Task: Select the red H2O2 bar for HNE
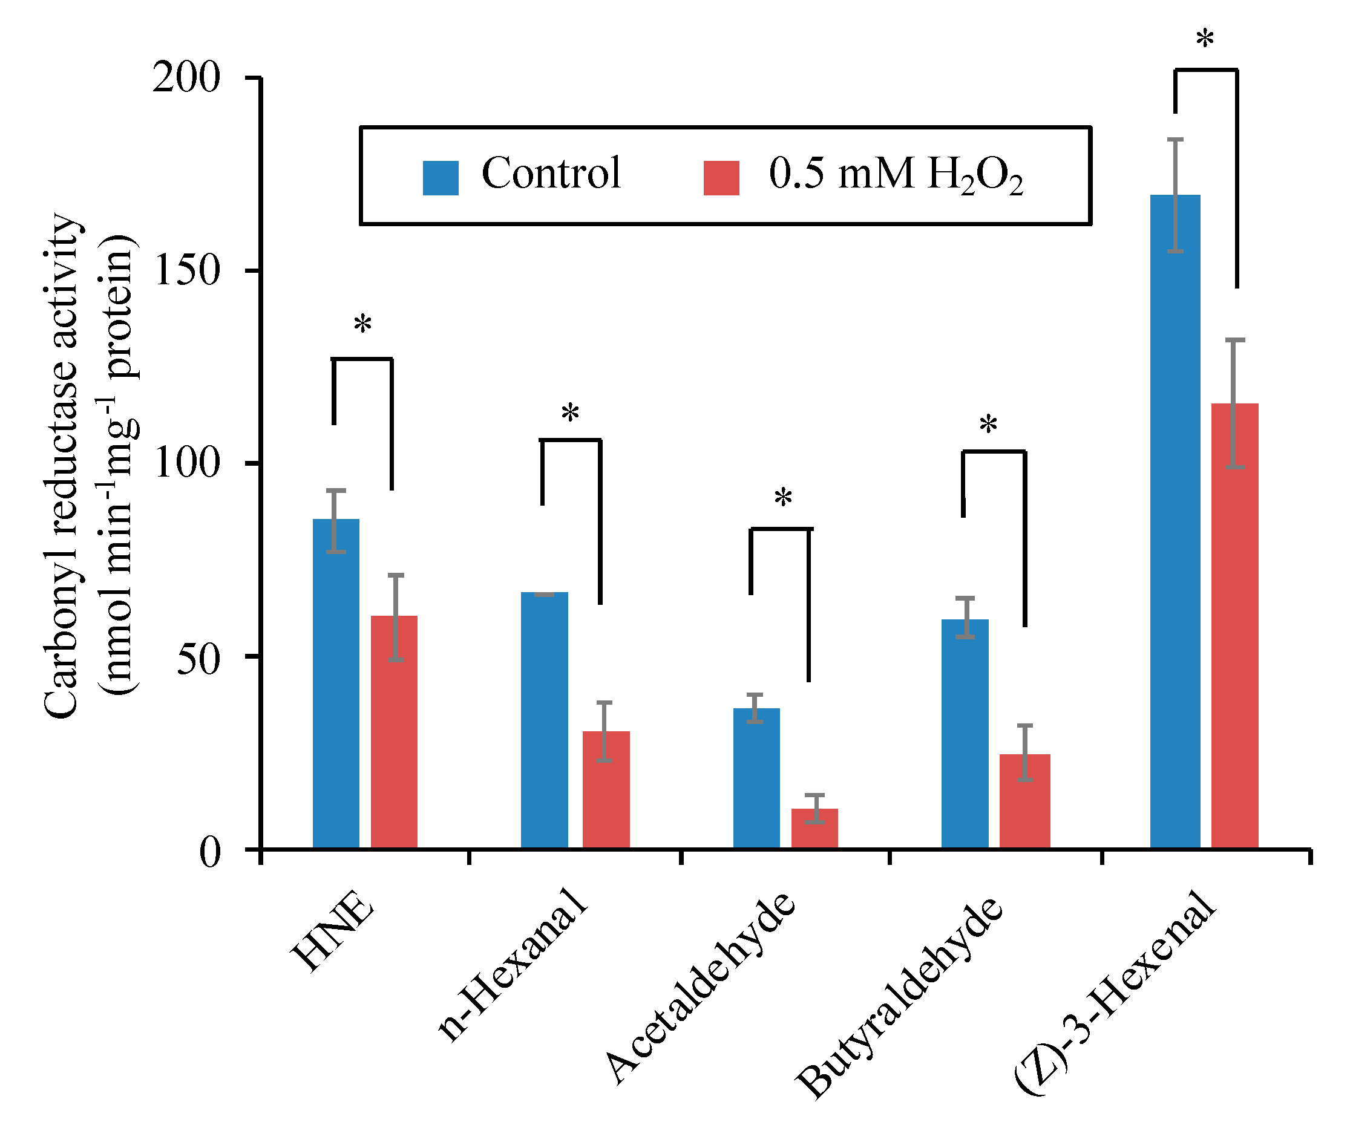[394, 732]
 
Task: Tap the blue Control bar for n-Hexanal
[545, 720]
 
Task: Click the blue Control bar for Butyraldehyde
[965, 733]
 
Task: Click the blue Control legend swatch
[441, 178]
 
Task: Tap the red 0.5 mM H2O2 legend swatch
[721, 178]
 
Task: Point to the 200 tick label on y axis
[186, 79]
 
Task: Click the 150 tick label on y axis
[186, 270]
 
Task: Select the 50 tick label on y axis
[198, 656]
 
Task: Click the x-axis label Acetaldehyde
[701, 990]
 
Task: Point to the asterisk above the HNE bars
[362, 325]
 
